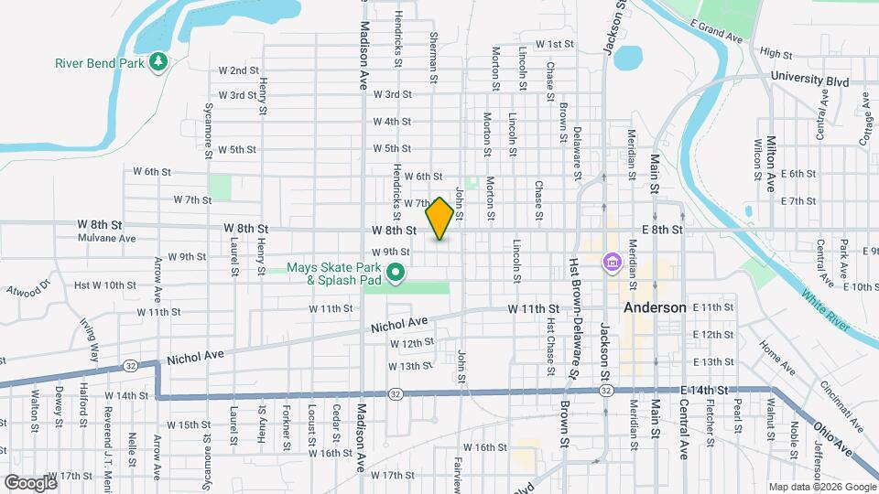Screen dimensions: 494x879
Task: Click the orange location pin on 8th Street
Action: (439, 219)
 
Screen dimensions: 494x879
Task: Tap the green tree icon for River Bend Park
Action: (159, 61)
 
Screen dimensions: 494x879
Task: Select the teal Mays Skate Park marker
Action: (396, 273)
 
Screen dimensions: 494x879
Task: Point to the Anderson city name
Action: (655, 308)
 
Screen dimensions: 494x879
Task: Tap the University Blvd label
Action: (809, 80)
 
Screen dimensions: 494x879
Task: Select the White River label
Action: (830, 311)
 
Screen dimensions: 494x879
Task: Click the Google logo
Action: (30, 482)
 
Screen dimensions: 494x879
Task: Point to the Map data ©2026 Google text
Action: (820, 487)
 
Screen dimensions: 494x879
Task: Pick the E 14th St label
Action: (705, 390)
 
